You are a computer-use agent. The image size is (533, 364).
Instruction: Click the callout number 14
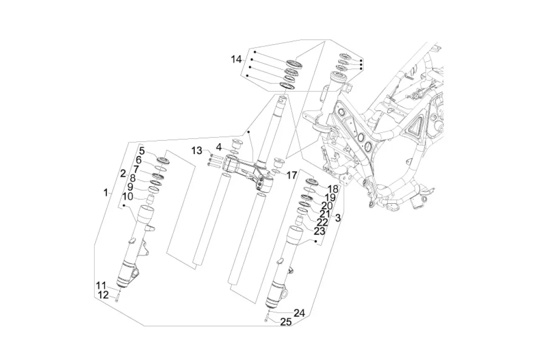236,59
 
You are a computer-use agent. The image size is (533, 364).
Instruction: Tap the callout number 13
196,150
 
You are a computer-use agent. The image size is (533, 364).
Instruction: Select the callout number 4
219,147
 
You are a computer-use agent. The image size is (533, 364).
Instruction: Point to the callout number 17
291,175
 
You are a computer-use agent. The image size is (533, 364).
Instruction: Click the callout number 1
106,193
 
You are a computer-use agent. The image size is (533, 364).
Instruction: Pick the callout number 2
123,174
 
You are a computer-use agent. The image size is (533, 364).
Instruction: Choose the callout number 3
337,218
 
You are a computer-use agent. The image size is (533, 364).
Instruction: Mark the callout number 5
142,151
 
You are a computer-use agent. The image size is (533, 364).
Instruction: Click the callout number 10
127,196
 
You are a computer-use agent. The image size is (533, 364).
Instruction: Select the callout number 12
103,295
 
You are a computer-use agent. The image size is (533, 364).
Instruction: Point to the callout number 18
333,189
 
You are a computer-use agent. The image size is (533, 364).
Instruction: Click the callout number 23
320,231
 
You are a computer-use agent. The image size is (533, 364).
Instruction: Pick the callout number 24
299,313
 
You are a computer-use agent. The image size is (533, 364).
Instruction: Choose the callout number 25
286,322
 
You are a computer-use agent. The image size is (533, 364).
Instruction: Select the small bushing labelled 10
150,199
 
